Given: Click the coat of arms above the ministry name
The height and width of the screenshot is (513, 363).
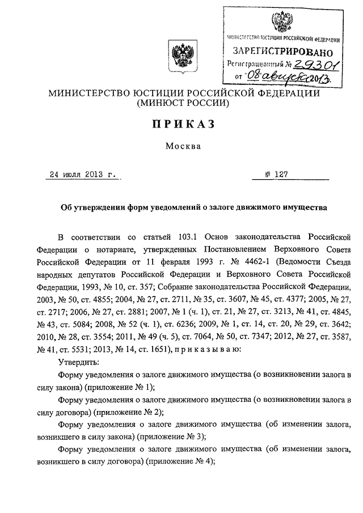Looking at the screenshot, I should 182,58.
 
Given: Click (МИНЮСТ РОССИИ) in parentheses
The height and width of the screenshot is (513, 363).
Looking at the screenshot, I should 182,104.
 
